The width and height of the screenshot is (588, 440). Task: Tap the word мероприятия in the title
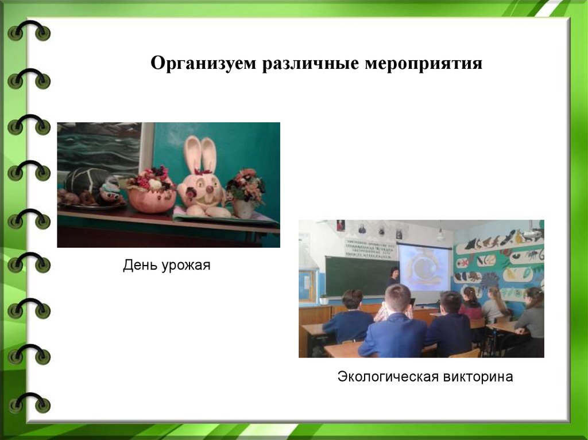point(423,63)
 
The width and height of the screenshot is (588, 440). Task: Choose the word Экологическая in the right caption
point(388,377)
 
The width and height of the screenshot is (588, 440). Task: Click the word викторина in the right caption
point(478,377)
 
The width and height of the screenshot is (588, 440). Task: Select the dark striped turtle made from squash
point(92,185)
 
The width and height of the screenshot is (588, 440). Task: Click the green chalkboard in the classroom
point(353,275)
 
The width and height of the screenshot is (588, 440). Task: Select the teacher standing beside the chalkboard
point(394,278)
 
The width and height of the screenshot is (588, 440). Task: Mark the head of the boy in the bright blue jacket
point(397,298)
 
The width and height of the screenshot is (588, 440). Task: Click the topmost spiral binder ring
point(29,32)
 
